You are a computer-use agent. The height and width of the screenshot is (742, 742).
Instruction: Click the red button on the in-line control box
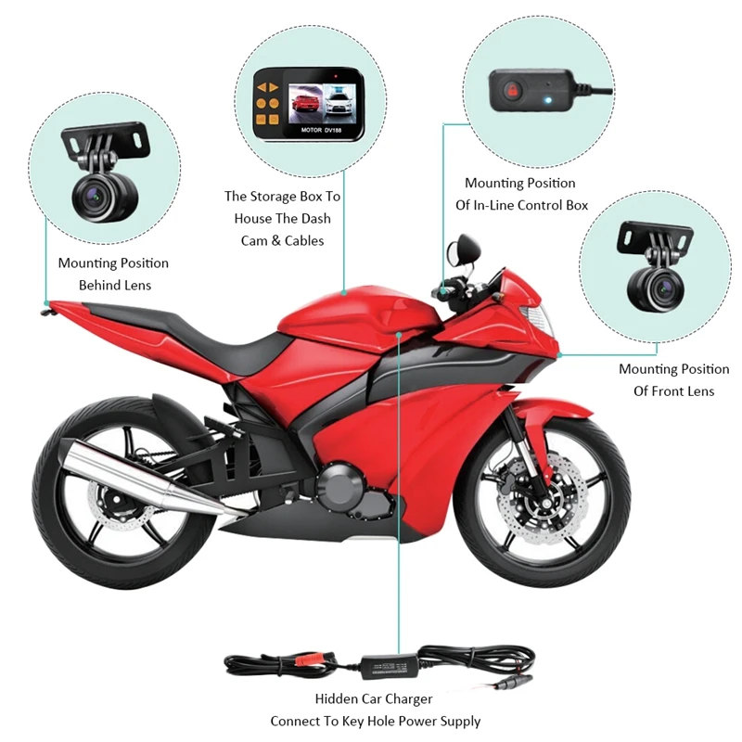(512, 90)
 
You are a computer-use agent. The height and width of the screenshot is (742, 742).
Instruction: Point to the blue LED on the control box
(547, 100)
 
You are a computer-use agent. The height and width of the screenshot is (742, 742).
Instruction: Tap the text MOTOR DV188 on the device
(321, 130)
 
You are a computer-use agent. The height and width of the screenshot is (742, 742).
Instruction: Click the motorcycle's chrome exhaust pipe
(142, 476)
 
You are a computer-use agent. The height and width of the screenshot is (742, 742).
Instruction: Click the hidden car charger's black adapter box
(390, 667)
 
